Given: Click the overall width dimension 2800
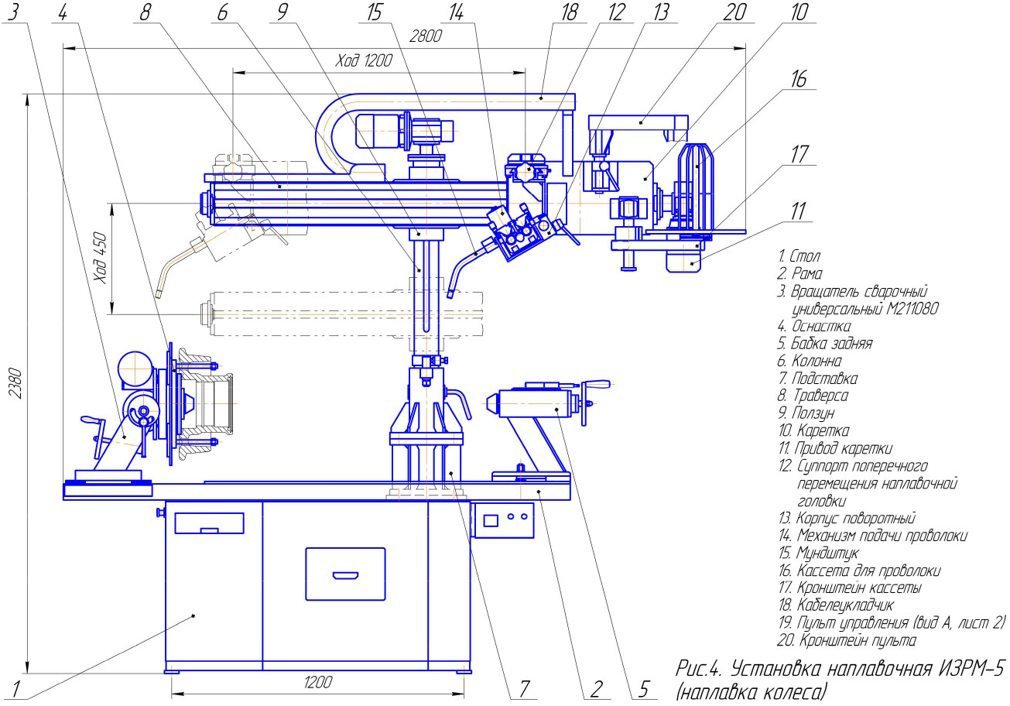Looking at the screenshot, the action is pos(425,36).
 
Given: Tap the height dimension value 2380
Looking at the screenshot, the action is pos(15,383).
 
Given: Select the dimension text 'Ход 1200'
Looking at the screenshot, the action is pos(364,60).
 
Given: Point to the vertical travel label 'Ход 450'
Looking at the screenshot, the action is pos(101,258).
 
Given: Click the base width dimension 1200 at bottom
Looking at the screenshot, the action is pos(318,683).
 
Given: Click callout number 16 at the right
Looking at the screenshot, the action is pos(799,79).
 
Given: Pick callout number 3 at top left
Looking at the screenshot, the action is pos(14,12).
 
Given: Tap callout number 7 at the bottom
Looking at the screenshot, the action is pos(524,689).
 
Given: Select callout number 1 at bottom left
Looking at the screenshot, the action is pos(15,689).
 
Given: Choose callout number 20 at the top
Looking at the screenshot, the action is pos(734,12).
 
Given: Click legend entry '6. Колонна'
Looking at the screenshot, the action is pos(810,361).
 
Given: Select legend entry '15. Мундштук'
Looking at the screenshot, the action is pos(819,553).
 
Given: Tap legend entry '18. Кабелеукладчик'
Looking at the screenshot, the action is pos(836,605).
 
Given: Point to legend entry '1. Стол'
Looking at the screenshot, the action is pos(799,256).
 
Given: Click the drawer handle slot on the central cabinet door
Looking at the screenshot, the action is pos(345,576).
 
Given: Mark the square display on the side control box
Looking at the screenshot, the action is pos(490,520).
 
